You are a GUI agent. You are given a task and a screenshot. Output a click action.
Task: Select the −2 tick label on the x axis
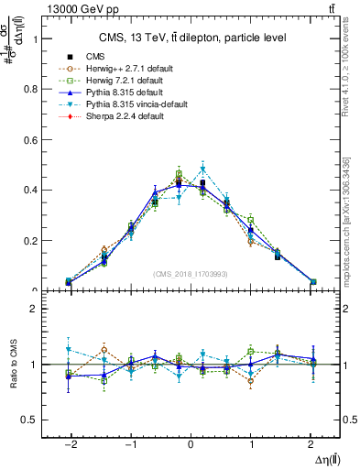tap(70, 442)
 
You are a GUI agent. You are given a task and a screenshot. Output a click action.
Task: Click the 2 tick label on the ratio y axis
tap(33, 309)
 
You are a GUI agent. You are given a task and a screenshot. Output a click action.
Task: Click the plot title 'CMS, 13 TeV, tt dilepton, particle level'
tap(192, 38)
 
